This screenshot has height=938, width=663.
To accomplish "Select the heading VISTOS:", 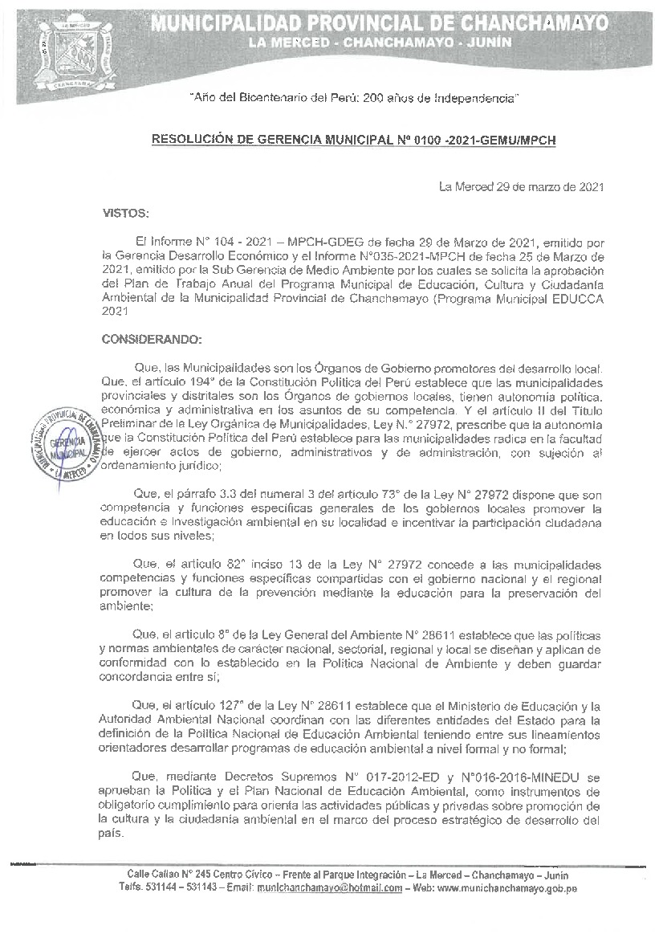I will click(x=126, y=214).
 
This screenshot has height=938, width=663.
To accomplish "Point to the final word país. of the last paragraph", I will click(x=114, y=833).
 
